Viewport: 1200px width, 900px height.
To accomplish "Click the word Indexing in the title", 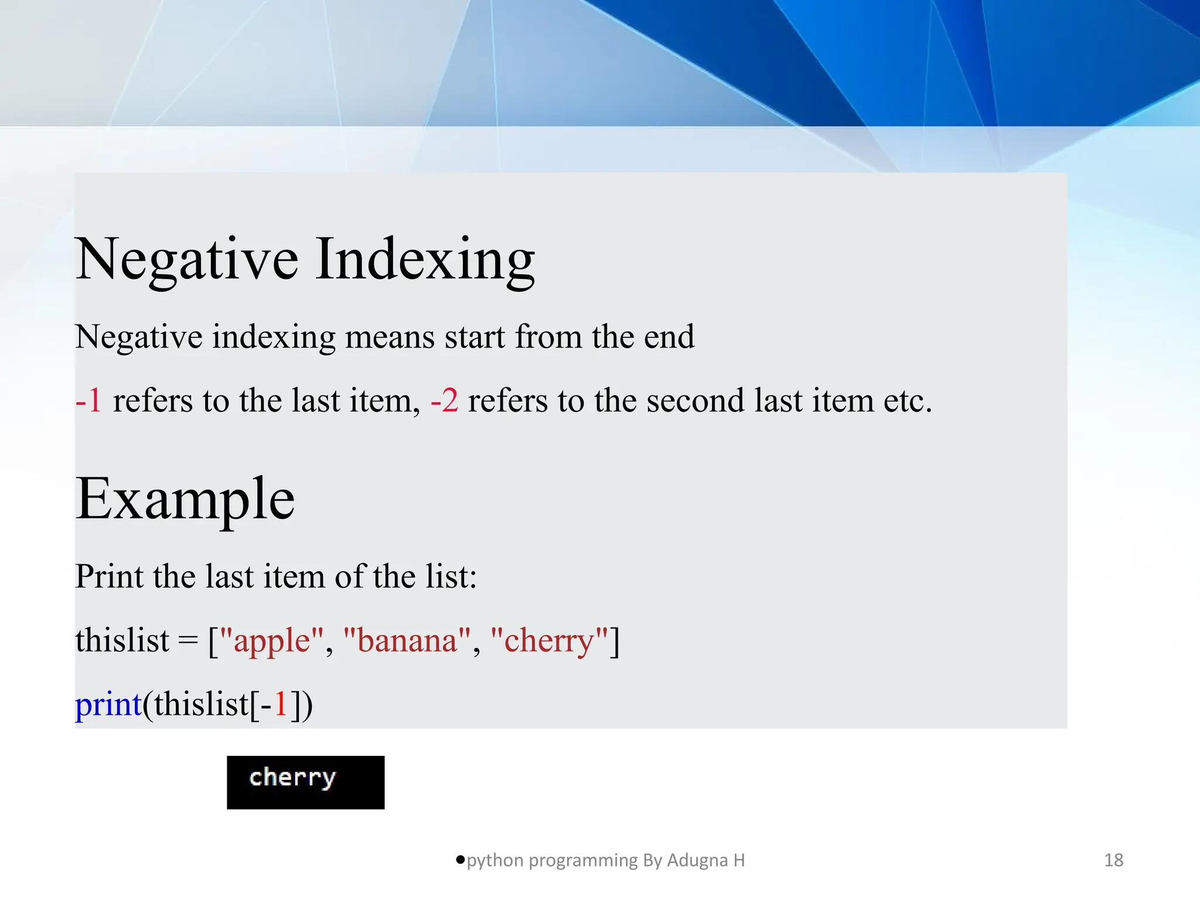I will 425,259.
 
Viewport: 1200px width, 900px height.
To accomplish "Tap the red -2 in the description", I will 444,401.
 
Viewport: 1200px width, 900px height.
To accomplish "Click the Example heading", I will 185,499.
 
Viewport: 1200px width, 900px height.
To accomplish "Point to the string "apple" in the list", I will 271,640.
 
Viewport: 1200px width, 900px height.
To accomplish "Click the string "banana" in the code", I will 407,640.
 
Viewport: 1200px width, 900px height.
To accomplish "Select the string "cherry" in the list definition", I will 549,640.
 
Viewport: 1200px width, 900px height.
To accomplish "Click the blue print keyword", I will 108,704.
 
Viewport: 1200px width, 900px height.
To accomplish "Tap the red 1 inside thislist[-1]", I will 281,704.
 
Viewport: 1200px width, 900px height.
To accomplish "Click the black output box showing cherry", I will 305,782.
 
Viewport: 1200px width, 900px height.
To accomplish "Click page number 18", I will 1113,860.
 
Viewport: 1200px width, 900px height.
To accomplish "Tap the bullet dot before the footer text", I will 460,860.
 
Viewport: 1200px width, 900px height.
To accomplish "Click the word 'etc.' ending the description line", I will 908,401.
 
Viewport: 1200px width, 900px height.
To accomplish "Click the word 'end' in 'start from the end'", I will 669,337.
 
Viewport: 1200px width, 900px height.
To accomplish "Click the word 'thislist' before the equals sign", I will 122,640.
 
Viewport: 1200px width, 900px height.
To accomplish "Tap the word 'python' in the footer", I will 495,860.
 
